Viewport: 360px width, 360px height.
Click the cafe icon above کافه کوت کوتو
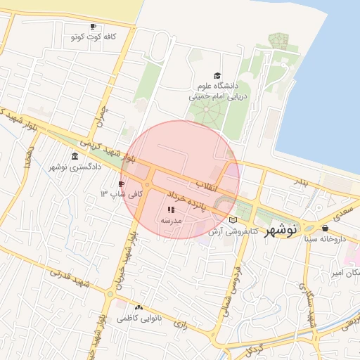(x=94, y=26)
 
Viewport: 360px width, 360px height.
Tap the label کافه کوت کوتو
(x=89, y=36)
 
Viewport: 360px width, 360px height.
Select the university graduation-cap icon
(x=217, y=76)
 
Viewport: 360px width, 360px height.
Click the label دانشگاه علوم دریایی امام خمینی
(x=216, y=91)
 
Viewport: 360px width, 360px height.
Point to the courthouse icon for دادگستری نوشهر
(x=75, y=156)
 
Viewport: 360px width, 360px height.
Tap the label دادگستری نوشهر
(x=75, y=167)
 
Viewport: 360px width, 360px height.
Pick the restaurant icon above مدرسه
(x=172, y=210)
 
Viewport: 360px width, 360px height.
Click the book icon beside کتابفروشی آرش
(x=233, y=220)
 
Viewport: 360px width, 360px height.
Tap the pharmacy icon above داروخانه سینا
(x=325, y=228)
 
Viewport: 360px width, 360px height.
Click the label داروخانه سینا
(x=326, y=238)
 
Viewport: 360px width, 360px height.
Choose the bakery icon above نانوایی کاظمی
(x=139, y=307)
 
